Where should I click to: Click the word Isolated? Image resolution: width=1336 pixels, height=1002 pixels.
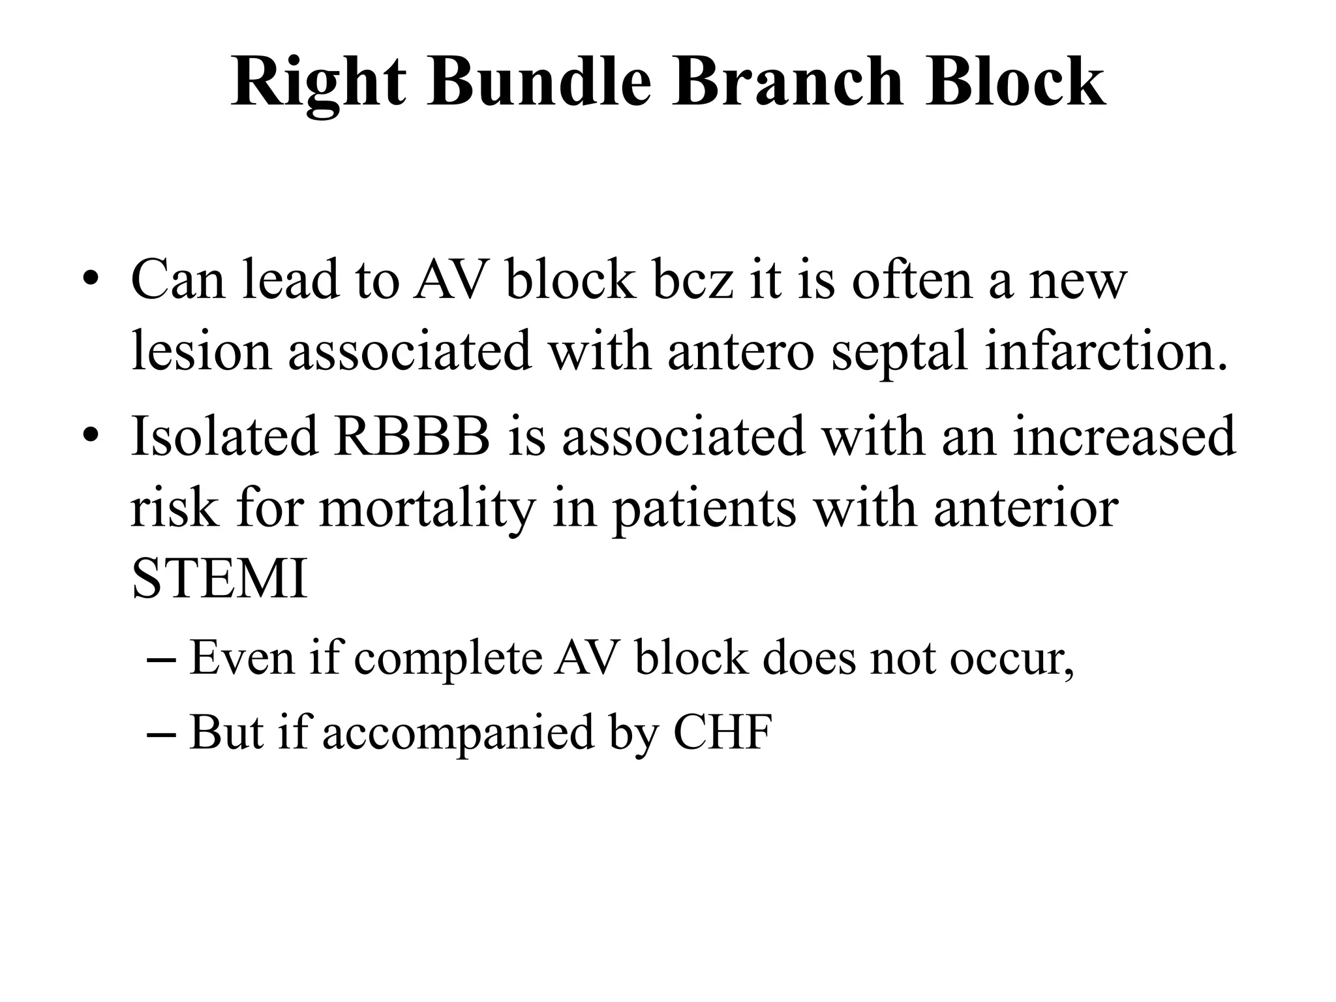(x=224, y=436)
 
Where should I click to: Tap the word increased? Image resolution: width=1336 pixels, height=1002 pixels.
(x=1124, y=436)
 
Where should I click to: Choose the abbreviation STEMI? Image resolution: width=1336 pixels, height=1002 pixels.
(x=219, y=580)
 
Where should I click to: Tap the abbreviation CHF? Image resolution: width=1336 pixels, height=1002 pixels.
(x=722, y=732)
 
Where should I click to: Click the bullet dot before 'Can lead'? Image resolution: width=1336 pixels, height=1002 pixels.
(x=91, y=281)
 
